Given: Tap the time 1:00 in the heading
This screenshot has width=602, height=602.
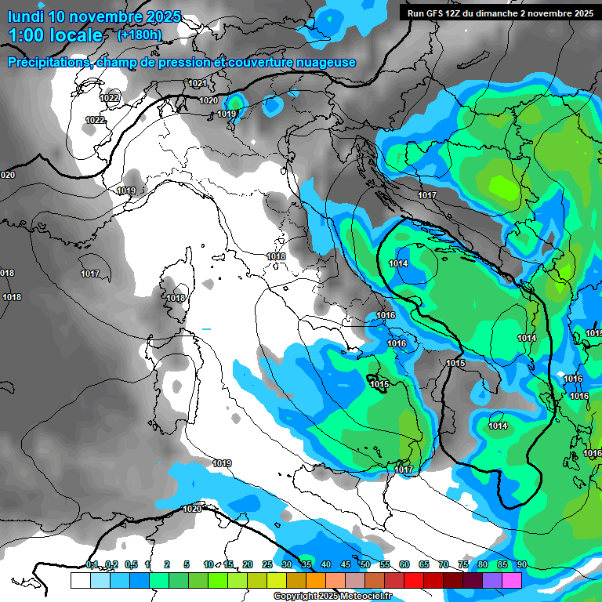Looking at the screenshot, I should click(x=30, y=35).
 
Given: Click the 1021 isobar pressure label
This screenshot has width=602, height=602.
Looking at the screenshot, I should click(x=198, y=83).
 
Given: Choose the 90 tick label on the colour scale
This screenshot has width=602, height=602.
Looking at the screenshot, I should click(x=521, y=564).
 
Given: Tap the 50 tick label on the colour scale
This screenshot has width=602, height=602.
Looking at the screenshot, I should click(x=364, y=564).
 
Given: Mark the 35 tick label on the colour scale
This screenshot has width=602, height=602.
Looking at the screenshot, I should click(x=306, y=564).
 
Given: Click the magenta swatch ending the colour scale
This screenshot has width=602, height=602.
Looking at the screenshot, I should click(x=512, y=580).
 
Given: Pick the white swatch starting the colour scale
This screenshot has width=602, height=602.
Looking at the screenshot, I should click(x=80, y=580).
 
